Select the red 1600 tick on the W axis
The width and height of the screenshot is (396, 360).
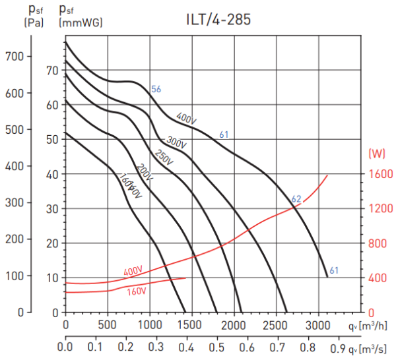tap(381, 174)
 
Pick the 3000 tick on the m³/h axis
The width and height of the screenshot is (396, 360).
tap(318, 325)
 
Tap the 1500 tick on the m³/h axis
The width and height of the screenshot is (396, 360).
tap(191, 325)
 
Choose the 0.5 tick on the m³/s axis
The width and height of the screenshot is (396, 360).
tap(216, 346)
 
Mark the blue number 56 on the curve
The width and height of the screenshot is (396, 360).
tap(156, 89)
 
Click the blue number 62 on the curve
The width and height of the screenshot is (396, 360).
tap(296, 199)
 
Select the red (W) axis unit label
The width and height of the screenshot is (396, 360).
tap(378, 154)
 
